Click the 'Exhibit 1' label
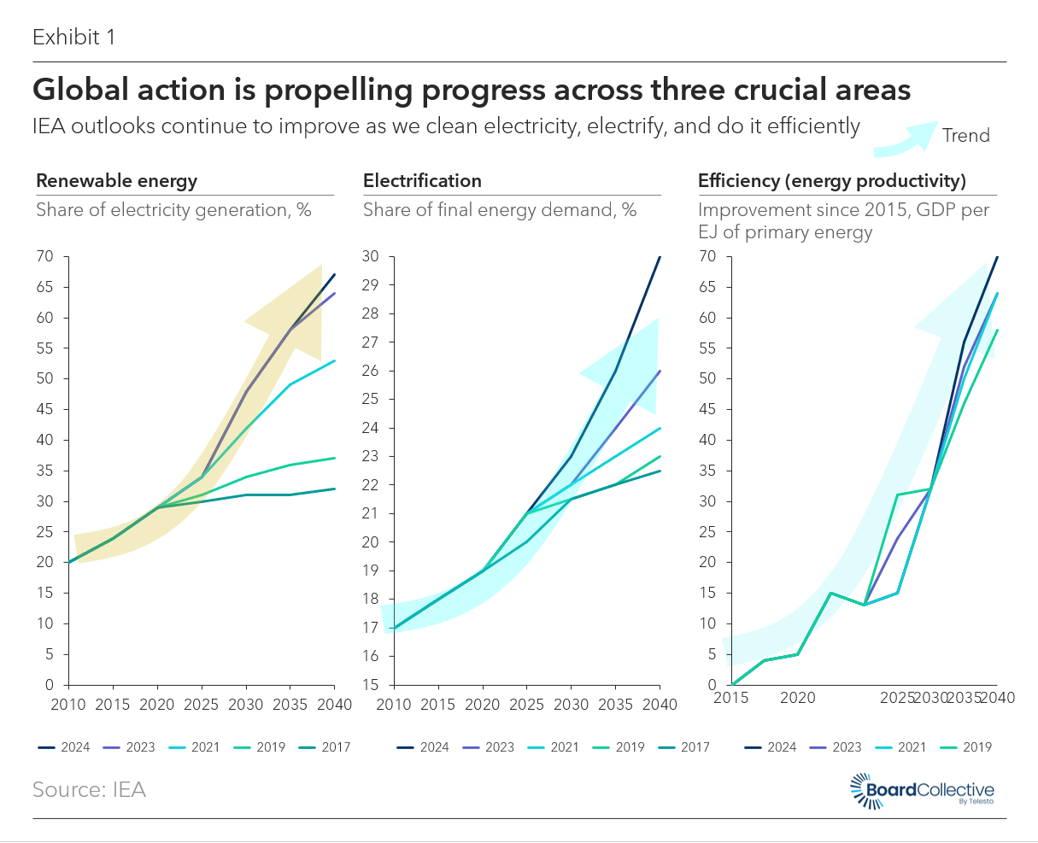coord(74,37)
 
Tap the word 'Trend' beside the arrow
coord(966,136)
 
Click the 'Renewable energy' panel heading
coord(117,181)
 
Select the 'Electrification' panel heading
coord(422,181)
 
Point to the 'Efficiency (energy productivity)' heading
coord(832,181)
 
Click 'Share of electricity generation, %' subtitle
coord(173,210)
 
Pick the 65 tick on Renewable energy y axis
coord(44,286)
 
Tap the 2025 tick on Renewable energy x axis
coord(202,704)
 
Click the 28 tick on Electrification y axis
coord(371,313)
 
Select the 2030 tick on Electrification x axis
coord(572,704)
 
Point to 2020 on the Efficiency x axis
coord(798,697)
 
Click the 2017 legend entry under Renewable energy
coord(325,747)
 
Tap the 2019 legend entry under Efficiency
coord(966,747)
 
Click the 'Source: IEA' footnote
coord(89,789)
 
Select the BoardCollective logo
coord(922,791)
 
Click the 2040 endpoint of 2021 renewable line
coord(334,360)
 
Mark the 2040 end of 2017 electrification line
coord(660,471)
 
